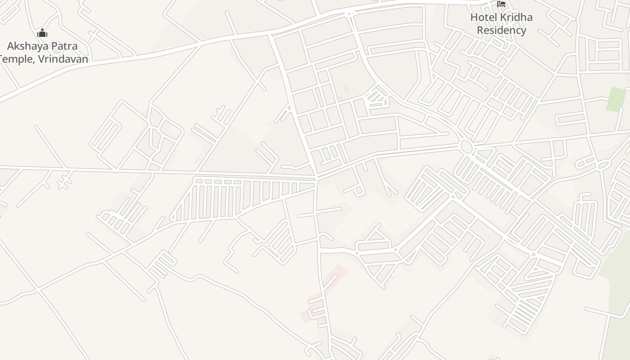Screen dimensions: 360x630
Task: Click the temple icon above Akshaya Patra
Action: (42, 33)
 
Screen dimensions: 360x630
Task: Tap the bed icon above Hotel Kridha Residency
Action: (501, 4)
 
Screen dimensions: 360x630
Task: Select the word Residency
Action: (501, 30)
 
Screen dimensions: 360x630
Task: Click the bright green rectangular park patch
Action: (616, 99)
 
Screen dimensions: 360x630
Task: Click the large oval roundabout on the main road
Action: (466, 147)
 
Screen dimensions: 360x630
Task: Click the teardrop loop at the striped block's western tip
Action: (172, 218)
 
